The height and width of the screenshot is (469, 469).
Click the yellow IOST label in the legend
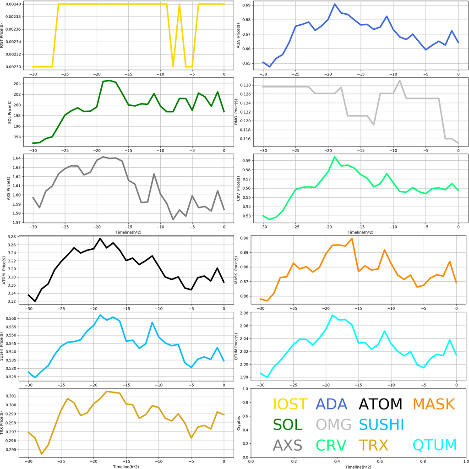[290, 404]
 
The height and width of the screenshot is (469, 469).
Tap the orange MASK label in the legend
[433, 404]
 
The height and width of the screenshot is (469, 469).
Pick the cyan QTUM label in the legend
[435, 445]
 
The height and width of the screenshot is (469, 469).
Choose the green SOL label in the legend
[288, 425]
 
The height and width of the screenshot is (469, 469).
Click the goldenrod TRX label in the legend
[373, 445]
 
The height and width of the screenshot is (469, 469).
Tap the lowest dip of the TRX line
[42, 454]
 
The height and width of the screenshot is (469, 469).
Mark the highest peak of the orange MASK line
[352, 238]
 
